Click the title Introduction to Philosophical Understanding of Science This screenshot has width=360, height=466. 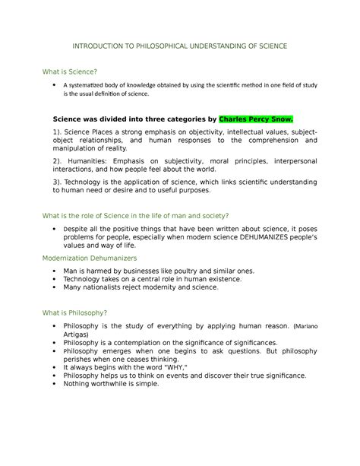pos(180,46)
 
